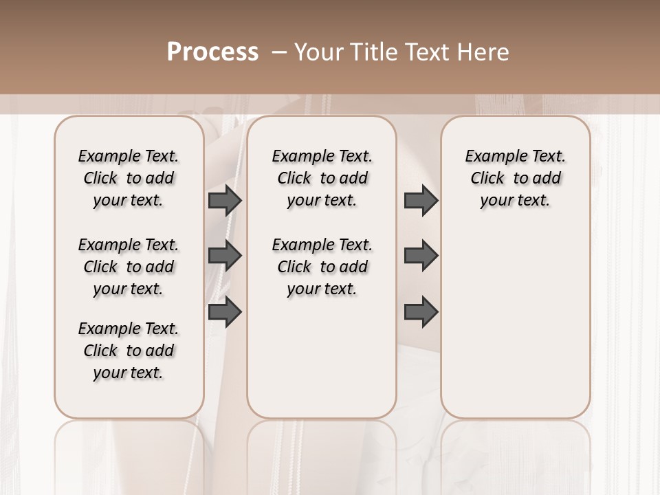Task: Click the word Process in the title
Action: click(212, 52)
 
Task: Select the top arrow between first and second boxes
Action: click(225, 201)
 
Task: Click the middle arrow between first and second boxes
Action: click(225, 256)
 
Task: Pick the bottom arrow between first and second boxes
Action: click(225, 311)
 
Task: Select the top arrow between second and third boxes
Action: click(421, 201)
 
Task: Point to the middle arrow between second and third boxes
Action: click(421, 256)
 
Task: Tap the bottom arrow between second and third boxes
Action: click(421, 311)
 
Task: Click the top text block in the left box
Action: click(129, 178)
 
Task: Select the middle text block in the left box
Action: click(129, 267)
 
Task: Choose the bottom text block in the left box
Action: click(129, 351)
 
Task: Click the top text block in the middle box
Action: click(322, 178)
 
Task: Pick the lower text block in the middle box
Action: click(322, 267)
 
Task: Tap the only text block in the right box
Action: click(516, 178)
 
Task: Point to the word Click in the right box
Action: click(487, 178)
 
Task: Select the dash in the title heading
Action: click(279, 52)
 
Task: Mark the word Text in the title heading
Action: click(426, 52)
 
